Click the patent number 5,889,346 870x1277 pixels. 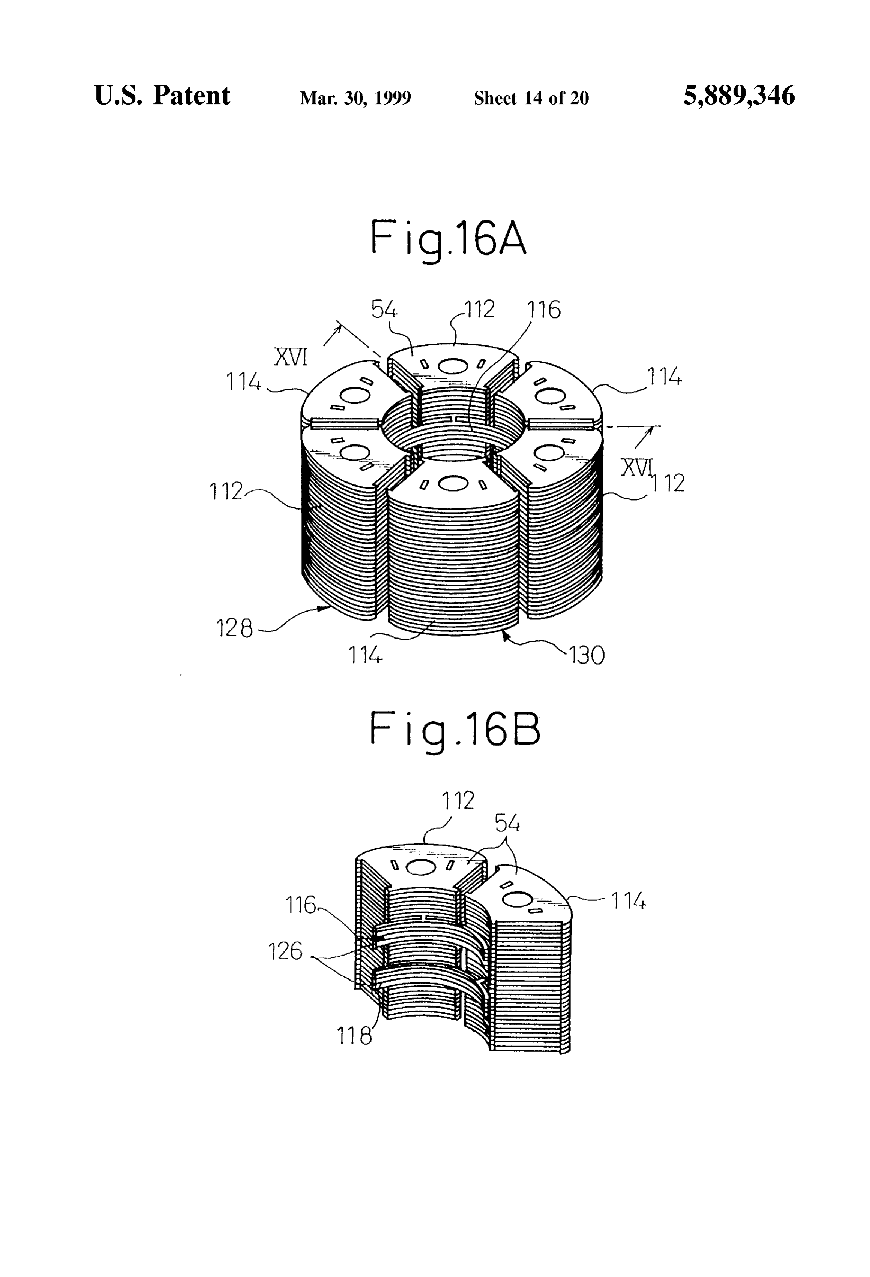739,96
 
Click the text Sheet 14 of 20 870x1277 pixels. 531,98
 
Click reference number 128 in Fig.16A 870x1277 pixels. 235,628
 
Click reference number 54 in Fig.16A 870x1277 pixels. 384,310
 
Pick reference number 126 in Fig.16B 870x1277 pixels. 285,951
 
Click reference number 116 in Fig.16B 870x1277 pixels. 301,905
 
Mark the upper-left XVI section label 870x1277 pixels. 291,358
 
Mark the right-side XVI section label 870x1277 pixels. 637,468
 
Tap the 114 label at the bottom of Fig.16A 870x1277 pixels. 365,655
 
